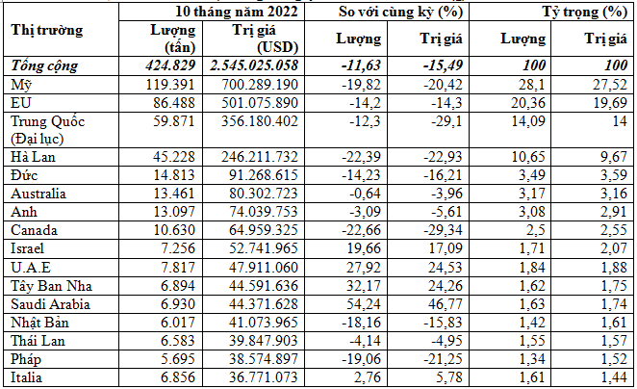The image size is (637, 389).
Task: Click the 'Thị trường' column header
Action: (46, 29)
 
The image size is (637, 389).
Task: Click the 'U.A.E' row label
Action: (29, 267)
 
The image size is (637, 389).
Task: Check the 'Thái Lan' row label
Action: (35, 340)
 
